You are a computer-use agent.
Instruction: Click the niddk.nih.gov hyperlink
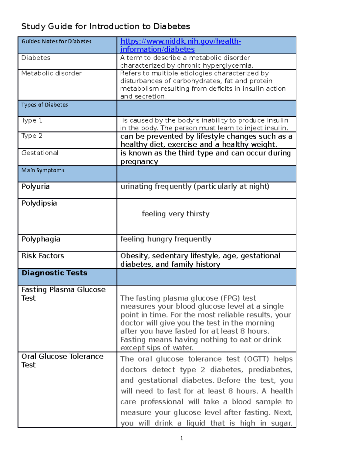pos(180,45)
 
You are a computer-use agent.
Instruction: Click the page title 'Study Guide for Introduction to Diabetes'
pos(106,27)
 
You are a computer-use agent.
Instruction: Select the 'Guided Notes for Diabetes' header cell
pos(56,42)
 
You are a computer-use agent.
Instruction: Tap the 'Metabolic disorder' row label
pos(52,73)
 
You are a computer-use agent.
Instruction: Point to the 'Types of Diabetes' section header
pos(45,105)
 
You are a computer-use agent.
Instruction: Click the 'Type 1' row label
pos(32,120)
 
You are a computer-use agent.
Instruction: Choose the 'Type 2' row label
pos(32,136)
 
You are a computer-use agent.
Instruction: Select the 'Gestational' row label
pos(40,153)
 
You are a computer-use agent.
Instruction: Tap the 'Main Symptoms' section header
pos(43,170)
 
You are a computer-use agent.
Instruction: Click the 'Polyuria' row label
pos(35,187)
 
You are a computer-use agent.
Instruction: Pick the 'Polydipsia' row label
pos(39,203)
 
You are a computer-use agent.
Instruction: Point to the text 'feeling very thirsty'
pos(176,214)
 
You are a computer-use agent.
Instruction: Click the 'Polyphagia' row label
pos(41,239)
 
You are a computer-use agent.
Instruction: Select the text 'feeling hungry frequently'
pos(166,239)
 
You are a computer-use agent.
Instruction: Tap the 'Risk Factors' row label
pos(43,256)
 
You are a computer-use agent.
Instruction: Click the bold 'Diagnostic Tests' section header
pos(54,273)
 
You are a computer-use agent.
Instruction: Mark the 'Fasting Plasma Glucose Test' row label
pos(63,294)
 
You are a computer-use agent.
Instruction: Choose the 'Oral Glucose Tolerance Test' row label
pos(62,360)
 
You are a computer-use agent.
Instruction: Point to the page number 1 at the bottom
pos(181,438)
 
